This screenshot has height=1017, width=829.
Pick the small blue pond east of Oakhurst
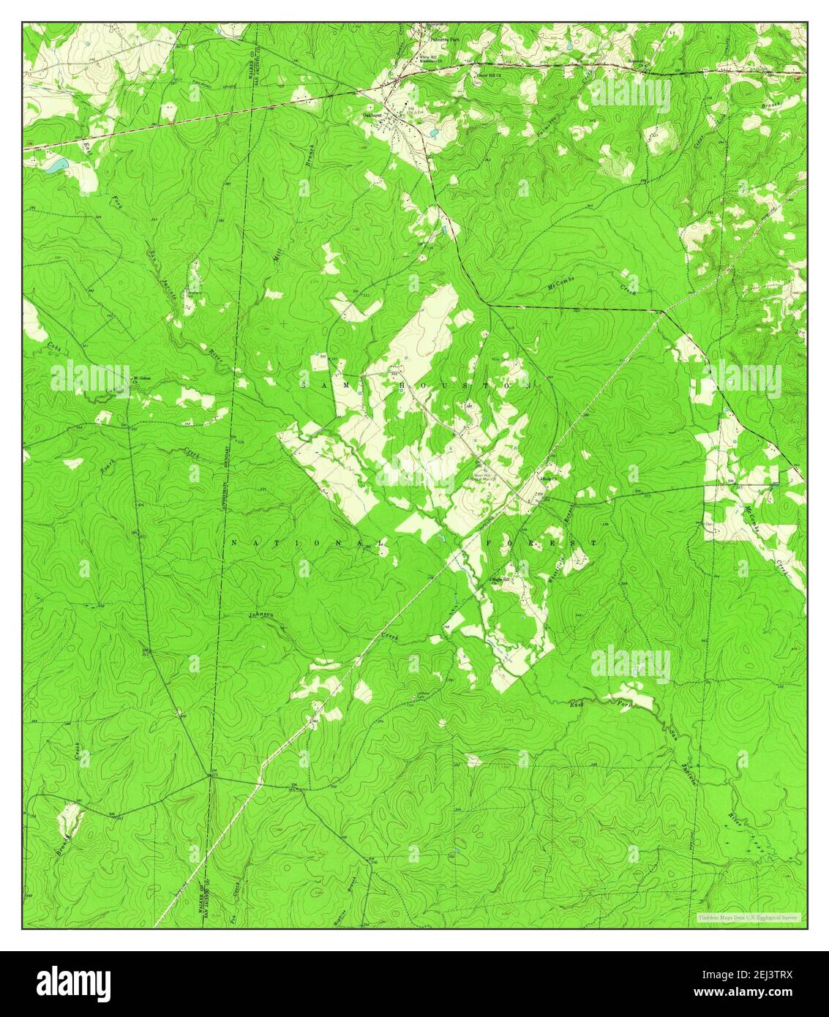pos(434,134)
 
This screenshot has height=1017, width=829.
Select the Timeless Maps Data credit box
pos(749,917)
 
